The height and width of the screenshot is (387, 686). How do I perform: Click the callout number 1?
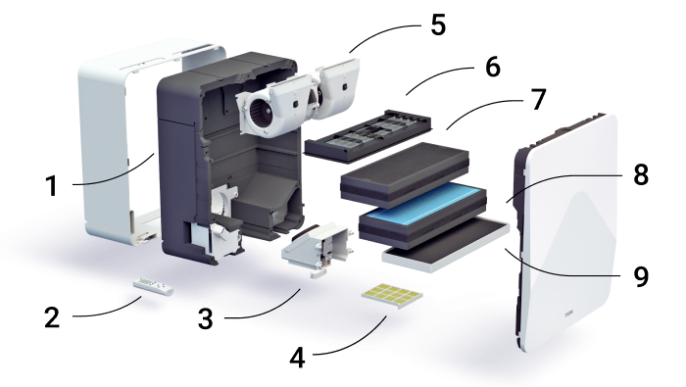[52, 186]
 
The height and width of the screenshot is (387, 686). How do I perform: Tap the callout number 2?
[52, 317]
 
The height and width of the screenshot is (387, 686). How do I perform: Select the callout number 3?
[205, 318]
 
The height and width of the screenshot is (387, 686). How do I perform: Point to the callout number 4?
[298, 359]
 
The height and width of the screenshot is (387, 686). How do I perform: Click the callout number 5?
[438, 24]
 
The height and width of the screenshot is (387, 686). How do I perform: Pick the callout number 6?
[493, 67]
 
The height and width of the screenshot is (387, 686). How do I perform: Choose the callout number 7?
[539, 100]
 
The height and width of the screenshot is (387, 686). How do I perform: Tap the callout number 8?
[641, 174]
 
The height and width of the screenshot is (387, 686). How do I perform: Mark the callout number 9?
[641, 276]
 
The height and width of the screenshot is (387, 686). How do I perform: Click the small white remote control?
[153, 286]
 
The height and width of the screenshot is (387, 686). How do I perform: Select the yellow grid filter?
[392, 296]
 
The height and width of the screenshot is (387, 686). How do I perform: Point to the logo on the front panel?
[569, 314]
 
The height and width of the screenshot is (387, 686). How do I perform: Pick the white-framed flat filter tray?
[446, 245]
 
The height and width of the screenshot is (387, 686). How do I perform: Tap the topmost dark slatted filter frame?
[367, 136]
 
